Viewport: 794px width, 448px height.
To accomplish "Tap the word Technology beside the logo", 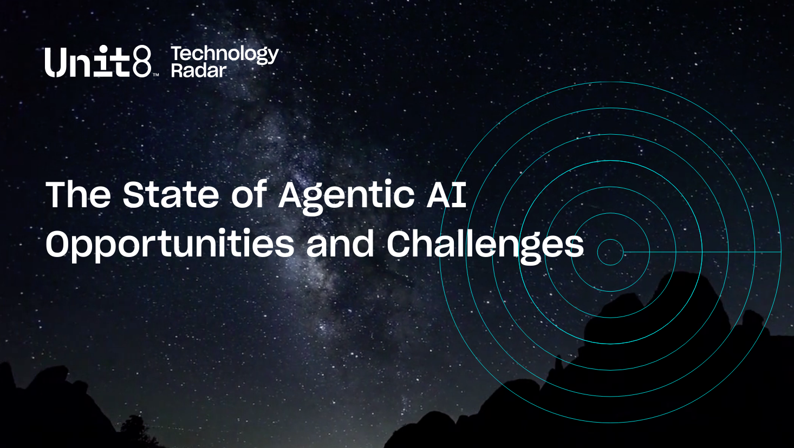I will [224, 54].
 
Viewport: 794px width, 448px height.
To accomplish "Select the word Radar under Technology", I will [198, 70].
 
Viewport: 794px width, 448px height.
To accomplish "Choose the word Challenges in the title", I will [485, 245].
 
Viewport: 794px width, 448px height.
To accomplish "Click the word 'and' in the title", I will [340, 244].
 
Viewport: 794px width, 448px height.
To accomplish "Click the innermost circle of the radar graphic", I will [610, 252].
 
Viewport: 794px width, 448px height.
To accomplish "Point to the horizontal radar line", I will [704, 252].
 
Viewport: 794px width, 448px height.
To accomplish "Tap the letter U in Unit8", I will [55, 62].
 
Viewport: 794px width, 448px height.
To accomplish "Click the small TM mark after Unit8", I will [155, 75].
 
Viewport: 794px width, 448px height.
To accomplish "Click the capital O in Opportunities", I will [58, 244].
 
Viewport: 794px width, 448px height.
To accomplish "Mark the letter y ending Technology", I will [273, 56].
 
